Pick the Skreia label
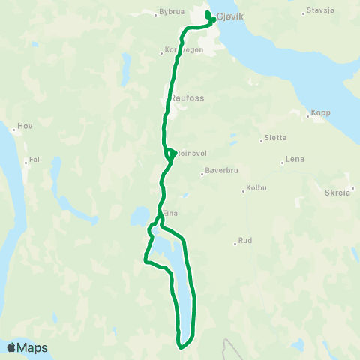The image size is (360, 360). pos(337,192)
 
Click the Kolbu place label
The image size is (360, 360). pos(257,189)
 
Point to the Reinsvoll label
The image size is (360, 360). pos(192,153)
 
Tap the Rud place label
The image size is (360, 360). pos(245,241)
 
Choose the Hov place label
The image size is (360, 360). pos(25,127)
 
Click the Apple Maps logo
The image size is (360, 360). pos(27,348)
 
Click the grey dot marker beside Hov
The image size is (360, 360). pos(13,128)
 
